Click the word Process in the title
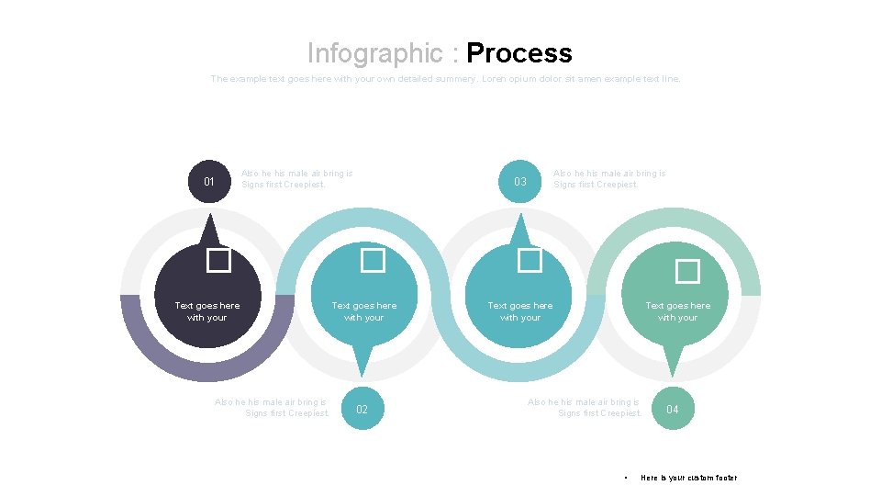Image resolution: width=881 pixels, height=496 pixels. point(519,53)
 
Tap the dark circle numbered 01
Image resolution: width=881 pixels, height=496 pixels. point(209,182)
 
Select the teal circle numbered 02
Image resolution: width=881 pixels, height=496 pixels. point(362,409)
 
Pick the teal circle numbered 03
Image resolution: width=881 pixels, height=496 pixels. point(520,182)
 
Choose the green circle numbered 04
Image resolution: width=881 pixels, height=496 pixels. point(673,409)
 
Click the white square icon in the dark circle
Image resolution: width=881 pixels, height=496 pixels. point(218,261)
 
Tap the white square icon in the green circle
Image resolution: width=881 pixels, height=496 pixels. point(687,271)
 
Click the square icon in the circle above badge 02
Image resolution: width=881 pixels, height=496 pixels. point(373,261)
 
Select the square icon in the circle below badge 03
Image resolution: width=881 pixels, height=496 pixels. point(530,261)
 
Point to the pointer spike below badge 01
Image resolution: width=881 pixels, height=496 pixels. point(209,230)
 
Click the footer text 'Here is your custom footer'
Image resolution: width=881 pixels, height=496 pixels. point(688,478)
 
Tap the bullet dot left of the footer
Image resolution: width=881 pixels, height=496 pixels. point(625,478)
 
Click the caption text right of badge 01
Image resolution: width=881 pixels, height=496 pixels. point(296,178)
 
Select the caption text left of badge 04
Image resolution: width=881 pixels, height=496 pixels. point(585,408)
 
